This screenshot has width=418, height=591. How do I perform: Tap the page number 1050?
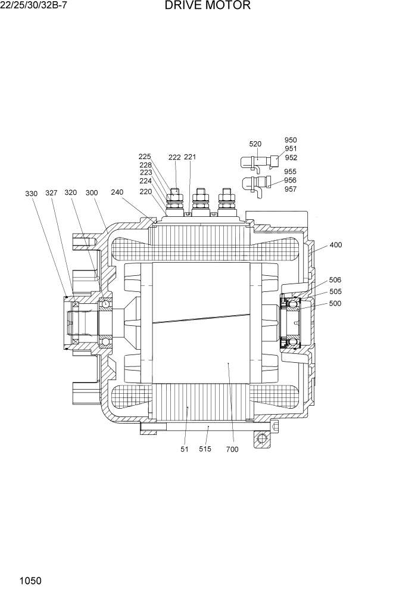point(30,580)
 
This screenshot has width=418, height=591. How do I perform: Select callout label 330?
point(32,193)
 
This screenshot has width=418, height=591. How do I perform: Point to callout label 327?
point(52,193)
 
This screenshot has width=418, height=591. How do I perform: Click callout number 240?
point(117,192)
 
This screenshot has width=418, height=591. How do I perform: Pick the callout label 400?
point(336,245)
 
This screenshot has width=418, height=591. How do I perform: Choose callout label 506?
point(335,280)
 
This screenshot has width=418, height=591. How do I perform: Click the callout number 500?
point(335,303)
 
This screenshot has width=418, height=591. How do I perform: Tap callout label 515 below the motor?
point(205,449)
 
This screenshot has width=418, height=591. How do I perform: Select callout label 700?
point(232,449)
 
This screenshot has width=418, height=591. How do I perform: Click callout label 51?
point(185,449)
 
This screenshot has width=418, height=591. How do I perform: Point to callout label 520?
point(255,144)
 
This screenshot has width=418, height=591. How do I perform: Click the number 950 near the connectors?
point(291,141)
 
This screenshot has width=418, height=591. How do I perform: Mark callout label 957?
point(291,189)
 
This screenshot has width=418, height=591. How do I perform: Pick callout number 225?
point(145,157)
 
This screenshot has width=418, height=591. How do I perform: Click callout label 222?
point(174,157)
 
